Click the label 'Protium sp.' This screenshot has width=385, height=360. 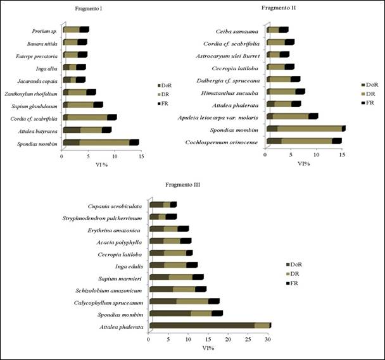pos(45,30)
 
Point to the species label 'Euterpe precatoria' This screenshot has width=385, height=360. pos(40,55)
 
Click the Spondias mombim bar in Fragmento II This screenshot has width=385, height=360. pos(305,128)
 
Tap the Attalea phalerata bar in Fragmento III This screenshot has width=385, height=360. pos(210,326)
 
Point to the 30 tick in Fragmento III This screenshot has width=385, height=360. pos(268,340)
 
